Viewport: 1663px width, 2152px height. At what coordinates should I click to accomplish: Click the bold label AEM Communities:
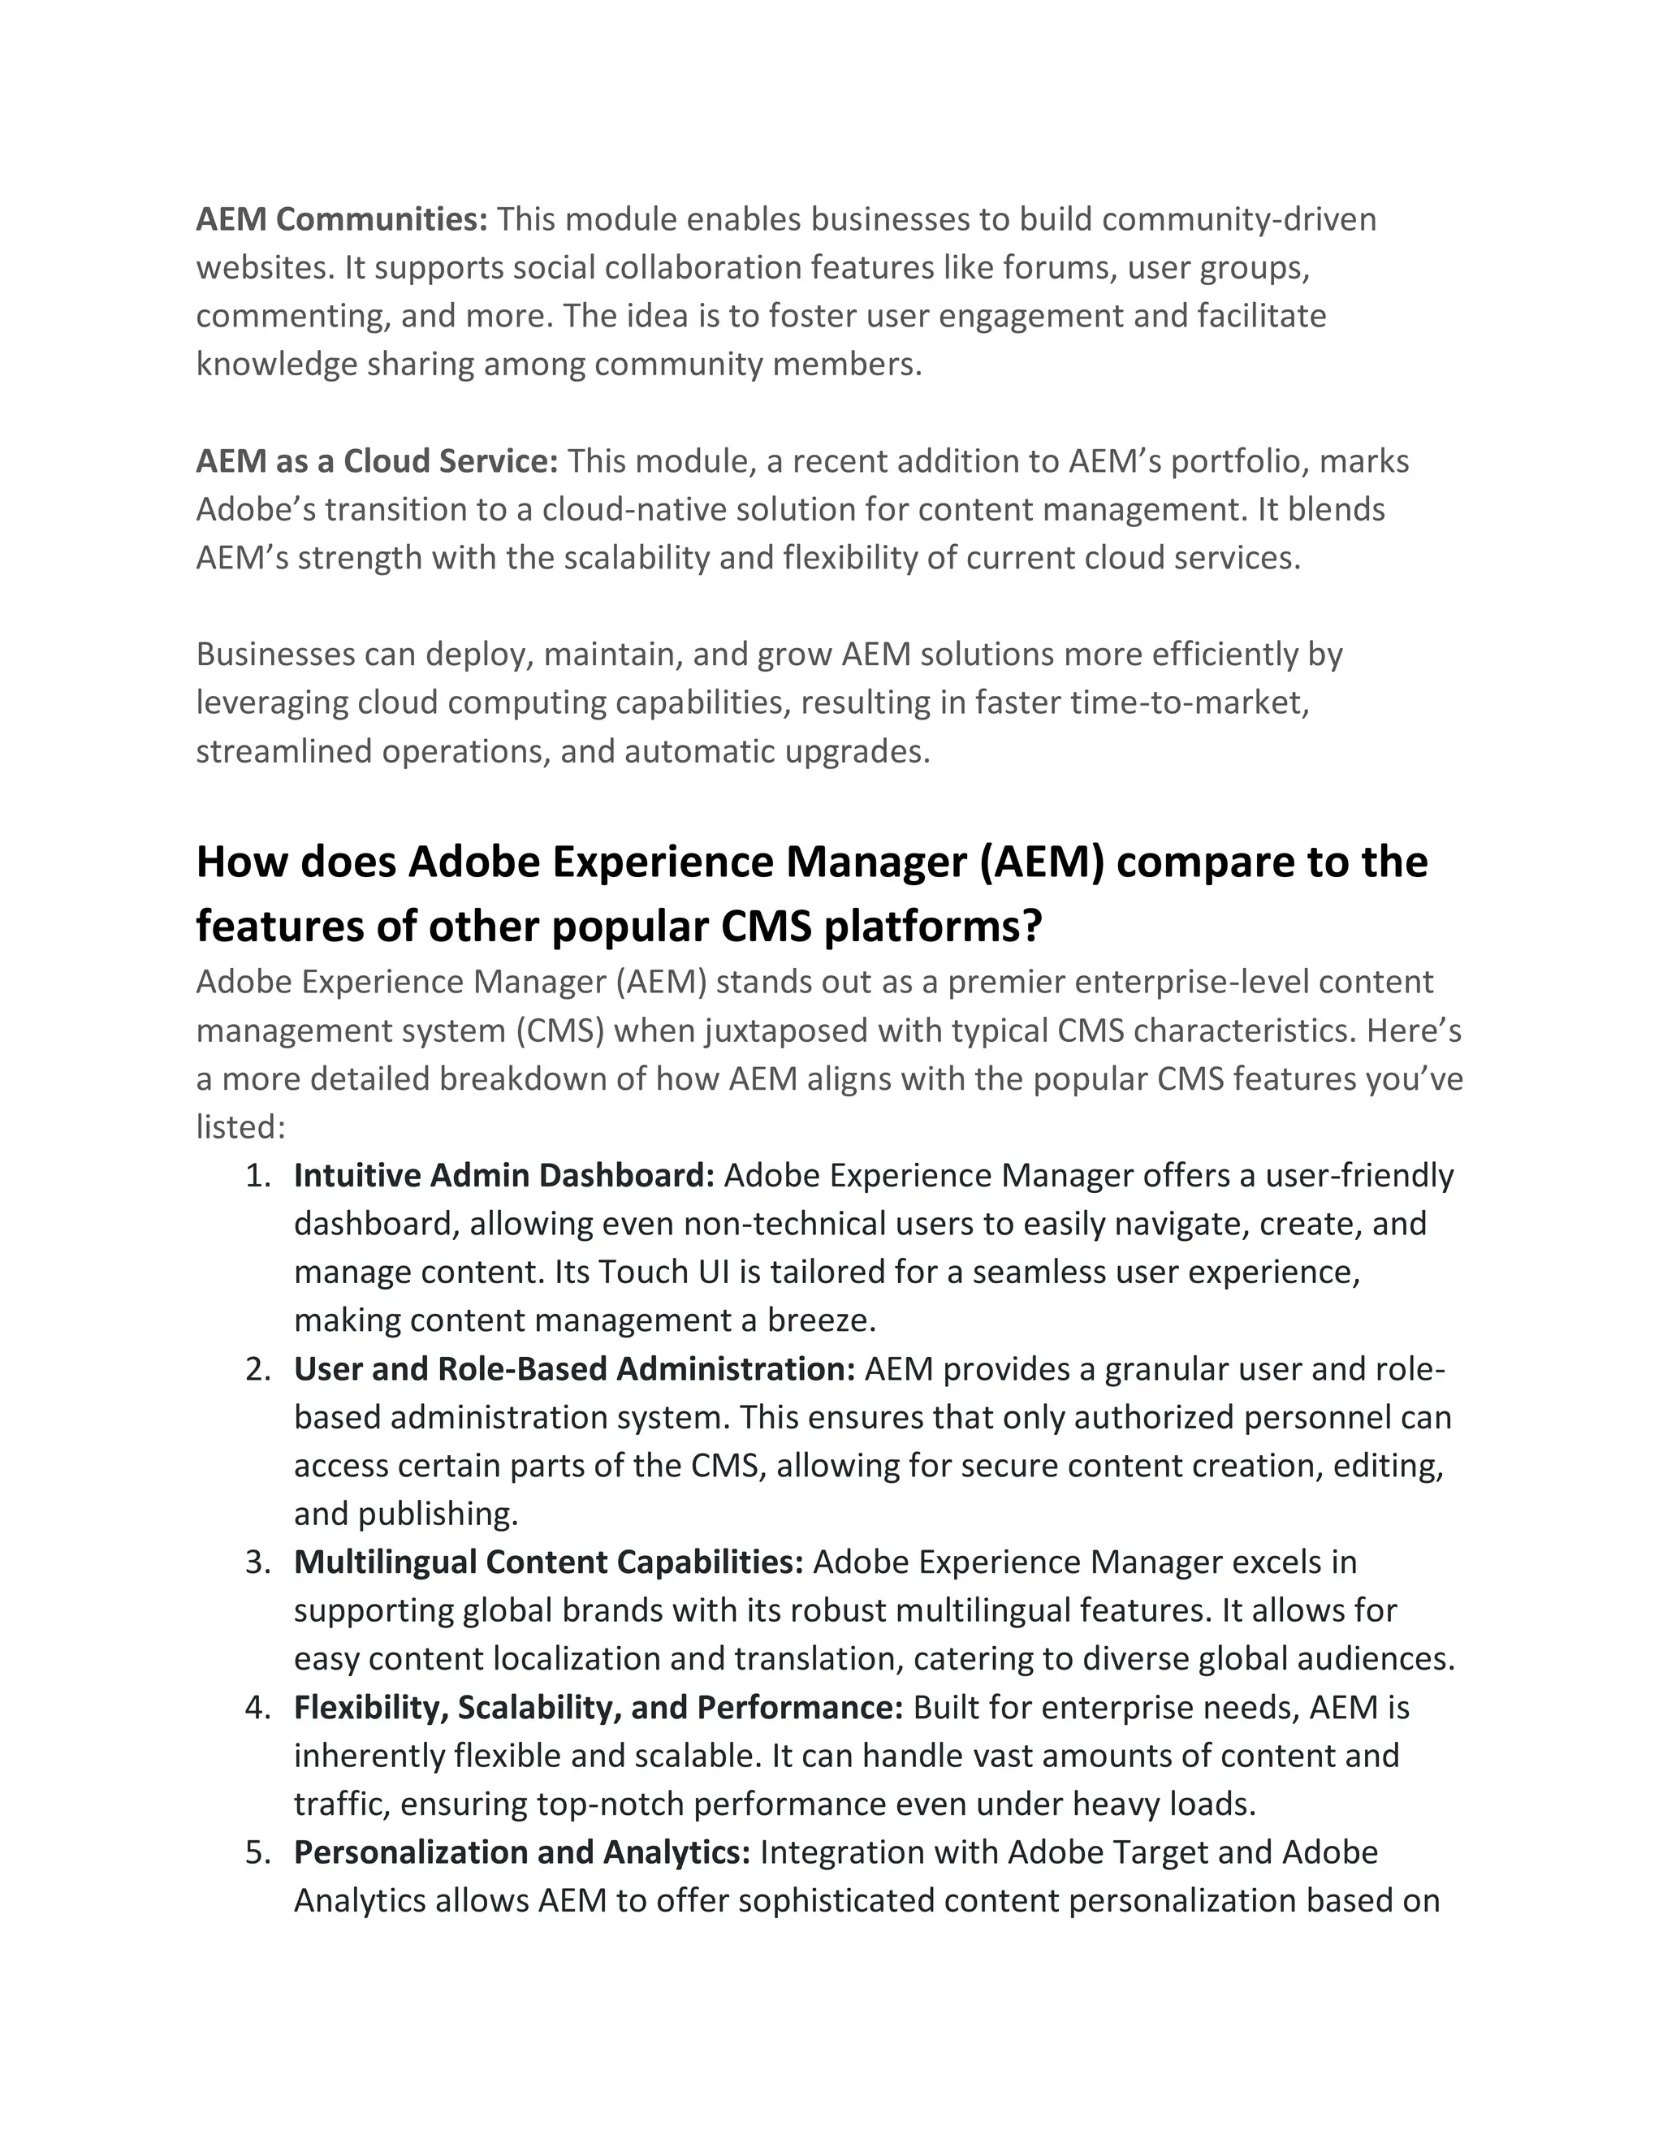342,218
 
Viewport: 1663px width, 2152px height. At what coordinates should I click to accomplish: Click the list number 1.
257,1176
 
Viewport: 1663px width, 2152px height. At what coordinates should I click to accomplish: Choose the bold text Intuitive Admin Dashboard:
503,1176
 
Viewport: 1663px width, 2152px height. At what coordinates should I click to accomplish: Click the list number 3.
257,1562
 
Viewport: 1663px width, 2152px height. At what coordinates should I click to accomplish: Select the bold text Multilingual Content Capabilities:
549,1562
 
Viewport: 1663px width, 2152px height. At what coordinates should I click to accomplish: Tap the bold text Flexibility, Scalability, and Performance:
598,1707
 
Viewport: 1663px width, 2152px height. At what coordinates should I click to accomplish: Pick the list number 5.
257,1852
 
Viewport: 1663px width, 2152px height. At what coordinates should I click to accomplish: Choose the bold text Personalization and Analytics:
522,1852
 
